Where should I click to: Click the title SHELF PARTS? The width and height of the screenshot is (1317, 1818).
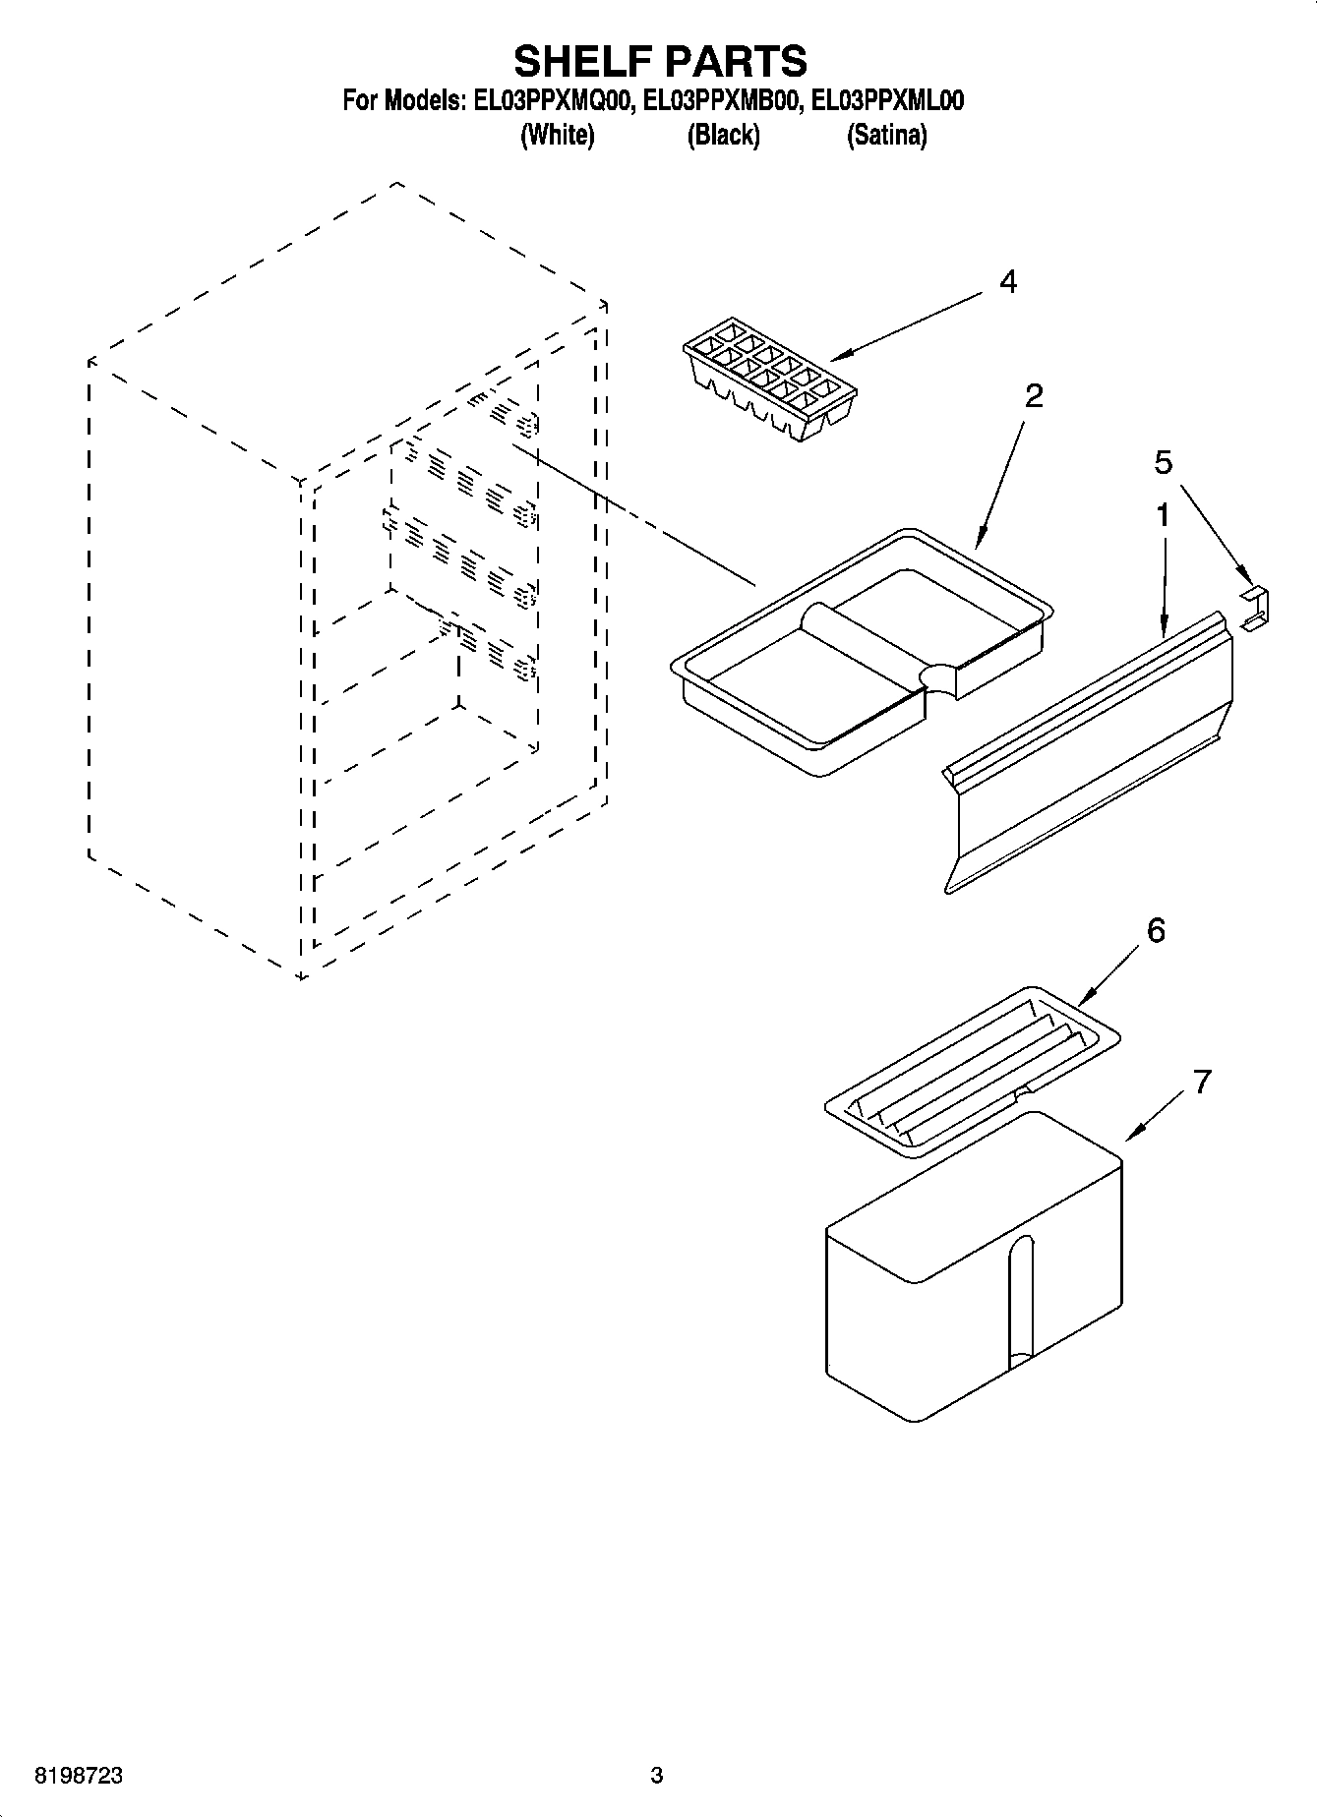tap(660, 61)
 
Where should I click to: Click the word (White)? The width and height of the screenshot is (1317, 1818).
tap(557, 135)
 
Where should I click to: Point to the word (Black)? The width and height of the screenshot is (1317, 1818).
tap(723, 135)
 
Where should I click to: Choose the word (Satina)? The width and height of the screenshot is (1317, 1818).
tap(886, 135)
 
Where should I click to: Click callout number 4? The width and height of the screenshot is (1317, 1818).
tap(1007, 283)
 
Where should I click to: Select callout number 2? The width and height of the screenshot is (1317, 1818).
tap(1033, 396)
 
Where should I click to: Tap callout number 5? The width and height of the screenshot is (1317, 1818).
tap(1164, 462)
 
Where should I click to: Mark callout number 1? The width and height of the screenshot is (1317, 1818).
tap(1163, 515)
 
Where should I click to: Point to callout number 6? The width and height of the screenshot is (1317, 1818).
tap(1156, 930)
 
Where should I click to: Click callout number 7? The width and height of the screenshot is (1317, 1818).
tap(1201, 1083)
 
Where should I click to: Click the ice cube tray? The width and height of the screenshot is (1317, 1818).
tap(770, 377)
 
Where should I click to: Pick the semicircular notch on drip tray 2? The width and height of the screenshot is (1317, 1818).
tap(940, 678)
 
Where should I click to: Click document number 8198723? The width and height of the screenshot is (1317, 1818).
tap(79, 1776)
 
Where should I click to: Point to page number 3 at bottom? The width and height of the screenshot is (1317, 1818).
tap(657, 1776)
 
